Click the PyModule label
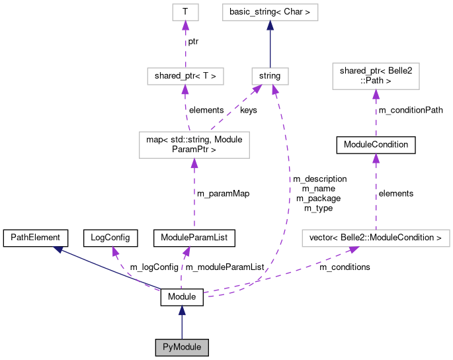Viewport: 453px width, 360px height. point(182,347)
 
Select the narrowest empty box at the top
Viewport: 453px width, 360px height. point(185,12)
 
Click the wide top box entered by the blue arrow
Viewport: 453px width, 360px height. point(270,12)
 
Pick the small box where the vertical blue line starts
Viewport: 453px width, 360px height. point(270,76)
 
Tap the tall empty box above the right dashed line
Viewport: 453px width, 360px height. point(376,76)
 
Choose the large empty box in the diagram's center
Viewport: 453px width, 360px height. point(194,145)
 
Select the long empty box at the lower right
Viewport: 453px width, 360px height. point(376,238)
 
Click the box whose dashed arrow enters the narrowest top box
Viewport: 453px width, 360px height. point(185,76)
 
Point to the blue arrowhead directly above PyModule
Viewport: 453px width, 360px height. point(182,310)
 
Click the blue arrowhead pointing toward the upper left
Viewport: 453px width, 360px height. point(58,249)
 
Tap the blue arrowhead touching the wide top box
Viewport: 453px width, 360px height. point(270,25)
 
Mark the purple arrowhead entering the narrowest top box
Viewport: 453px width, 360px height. point(185,25)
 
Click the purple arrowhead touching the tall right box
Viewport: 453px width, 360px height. point(376,94)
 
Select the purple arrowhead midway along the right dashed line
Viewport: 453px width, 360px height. point(376,157)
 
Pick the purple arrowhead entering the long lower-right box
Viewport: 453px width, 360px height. point(354,249)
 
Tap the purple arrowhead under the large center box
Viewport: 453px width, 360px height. point(194,163)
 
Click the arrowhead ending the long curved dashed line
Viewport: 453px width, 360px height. point(275,89)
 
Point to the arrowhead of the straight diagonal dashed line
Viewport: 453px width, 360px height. point(257,89)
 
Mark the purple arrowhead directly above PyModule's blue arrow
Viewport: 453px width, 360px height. point(186,251)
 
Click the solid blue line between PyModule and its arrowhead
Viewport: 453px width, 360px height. point(182,327)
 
